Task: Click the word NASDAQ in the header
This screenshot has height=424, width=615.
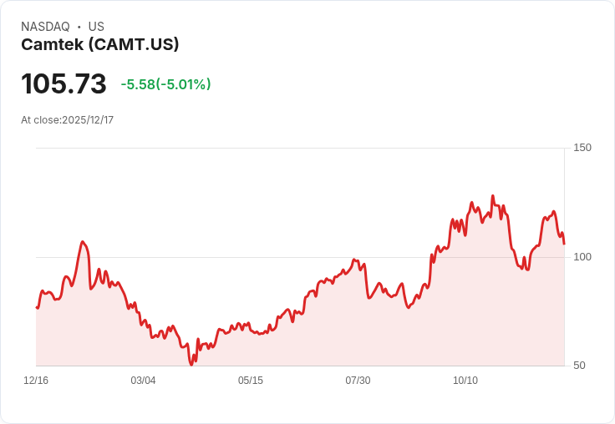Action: (45, 27)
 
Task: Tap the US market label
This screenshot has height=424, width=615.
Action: (96, 27)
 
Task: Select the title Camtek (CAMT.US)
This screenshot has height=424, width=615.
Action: (100, 44)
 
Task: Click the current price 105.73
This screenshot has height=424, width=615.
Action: (64, 83)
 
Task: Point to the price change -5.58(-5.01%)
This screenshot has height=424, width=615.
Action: (165, 84)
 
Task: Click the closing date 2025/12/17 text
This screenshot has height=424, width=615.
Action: (88, 120)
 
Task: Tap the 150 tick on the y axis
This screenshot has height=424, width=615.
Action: (582, 148)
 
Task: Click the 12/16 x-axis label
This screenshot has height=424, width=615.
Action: (36, 381)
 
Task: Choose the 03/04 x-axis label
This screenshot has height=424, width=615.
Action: (143, 381)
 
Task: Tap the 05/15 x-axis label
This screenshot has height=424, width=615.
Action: (251, 381)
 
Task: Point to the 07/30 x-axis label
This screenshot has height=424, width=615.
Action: (358, 381)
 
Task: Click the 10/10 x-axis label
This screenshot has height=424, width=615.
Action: (465, 381)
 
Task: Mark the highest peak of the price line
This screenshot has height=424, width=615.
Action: (492, 196)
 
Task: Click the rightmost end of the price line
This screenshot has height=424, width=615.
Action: (564, 244)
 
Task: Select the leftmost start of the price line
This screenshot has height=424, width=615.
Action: (37, 308)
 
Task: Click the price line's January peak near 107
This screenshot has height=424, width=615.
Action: (82, 242)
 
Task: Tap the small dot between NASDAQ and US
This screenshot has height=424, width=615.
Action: (79, 27)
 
